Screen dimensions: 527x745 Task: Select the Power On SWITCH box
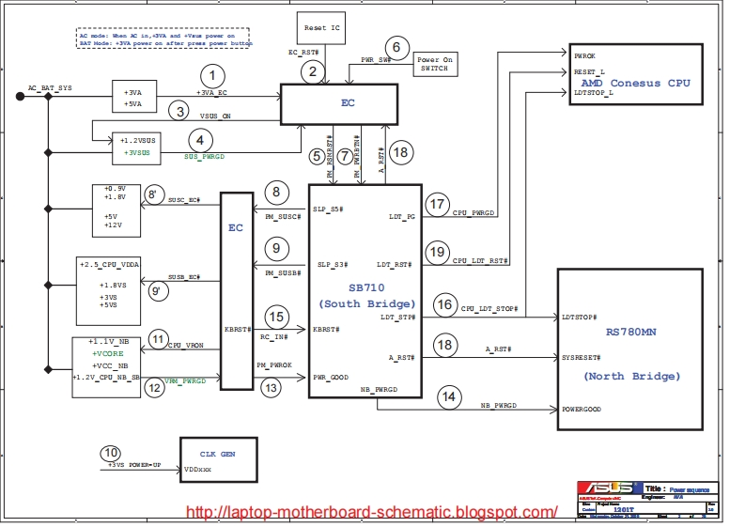click(x=433, y=64)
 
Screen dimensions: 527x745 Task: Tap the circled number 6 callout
click(x=396, y=47)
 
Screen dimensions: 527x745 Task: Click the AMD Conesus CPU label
click(x=636, y=84)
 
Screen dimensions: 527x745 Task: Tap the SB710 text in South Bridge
click(x=366, y=287)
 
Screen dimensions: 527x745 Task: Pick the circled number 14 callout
click(x=450, y=397)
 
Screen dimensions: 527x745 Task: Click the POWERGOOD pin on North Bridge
click(x=581, y=410)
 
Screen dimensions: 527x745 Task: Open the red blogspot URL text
click(x=373, y=512)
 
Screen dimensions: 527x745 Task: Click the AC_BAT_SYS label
click(x=50, y=86)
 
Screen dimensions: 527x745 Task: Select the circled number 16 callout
click(x=444, y=305)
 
